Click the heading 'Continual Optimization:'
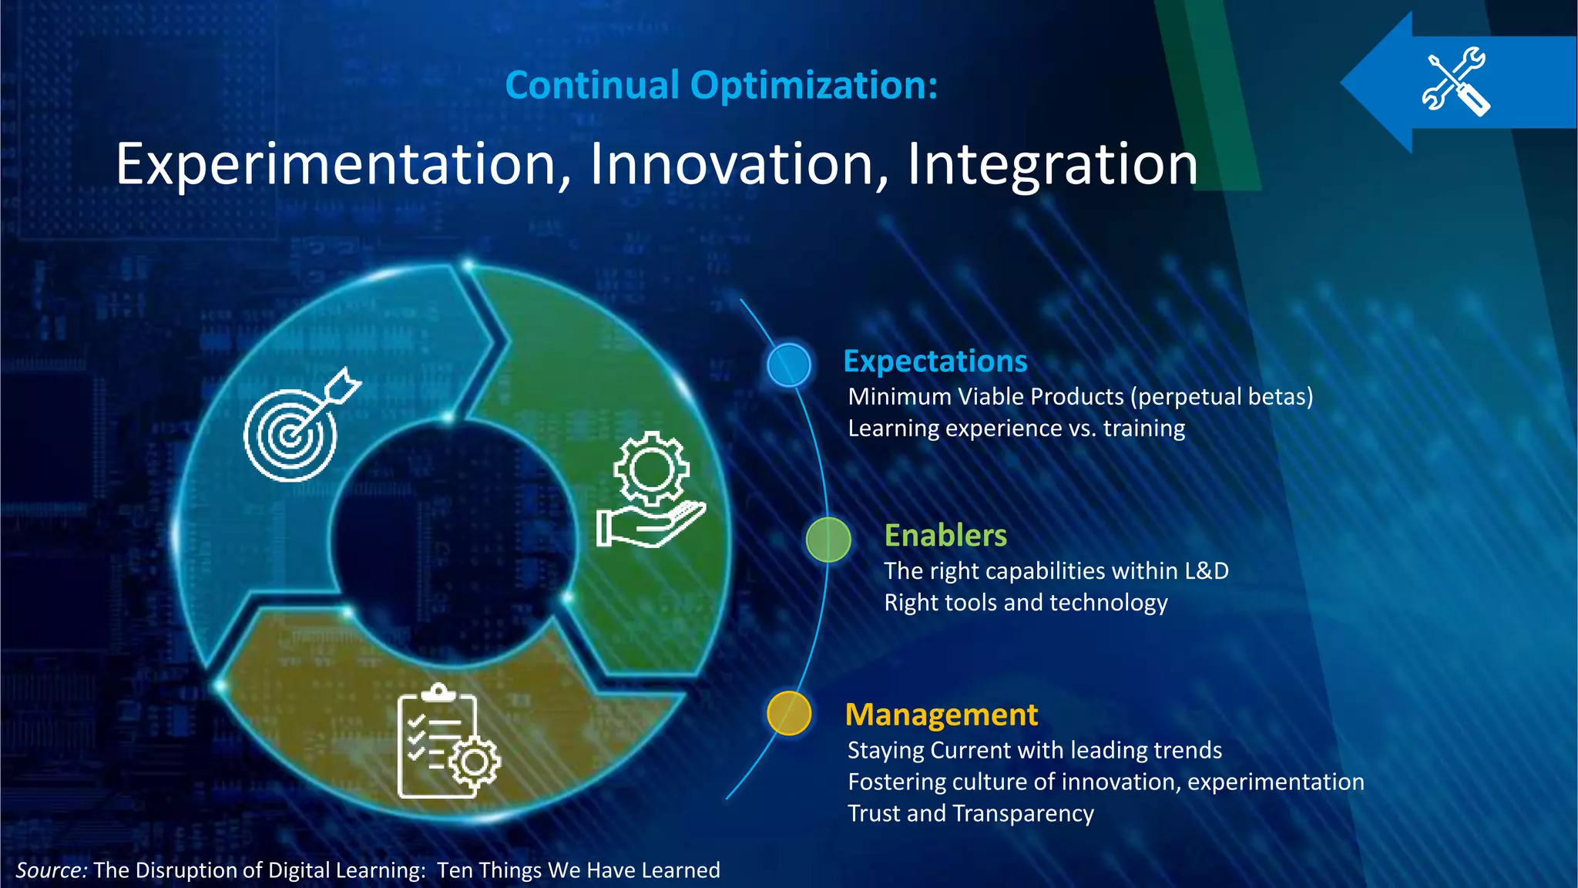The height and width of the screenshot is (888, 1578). click(x=721, y=85)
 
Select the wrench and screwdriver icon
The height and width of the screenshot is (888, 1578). click(x=1455, y=82)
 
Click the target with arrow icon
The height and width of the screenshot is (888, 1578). click(x=297, y=428)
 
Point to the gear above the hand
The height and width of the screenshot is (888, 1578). click(x=651, y=469)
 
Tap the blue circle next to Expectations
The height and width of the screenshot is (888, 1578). click(x=789, y=365)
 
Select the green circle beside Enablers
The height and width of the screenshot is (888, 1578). click(x=828, y=540)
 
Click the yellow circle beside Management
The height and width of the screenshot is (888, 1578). click(x=789, y=713)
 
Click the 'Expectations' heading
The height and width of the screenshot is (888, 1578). click(x=935, y=361)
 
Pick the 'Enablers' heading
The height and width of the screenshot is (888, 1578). click(x=945, y=535)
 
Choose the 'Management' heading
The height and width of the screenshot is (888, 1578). click(x=941, y=715)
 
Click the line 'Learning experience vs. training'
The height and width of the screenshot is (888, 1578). click(x=1016, y=428)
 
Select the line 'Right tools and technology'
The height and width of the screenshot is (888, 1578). click(x=1025, y=602)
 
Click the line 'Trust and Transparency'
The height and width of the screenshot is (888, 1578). click(x=970, y=813)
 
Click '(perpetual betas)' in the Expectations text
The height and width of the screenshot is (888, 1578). click(x=1221, y=396)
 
